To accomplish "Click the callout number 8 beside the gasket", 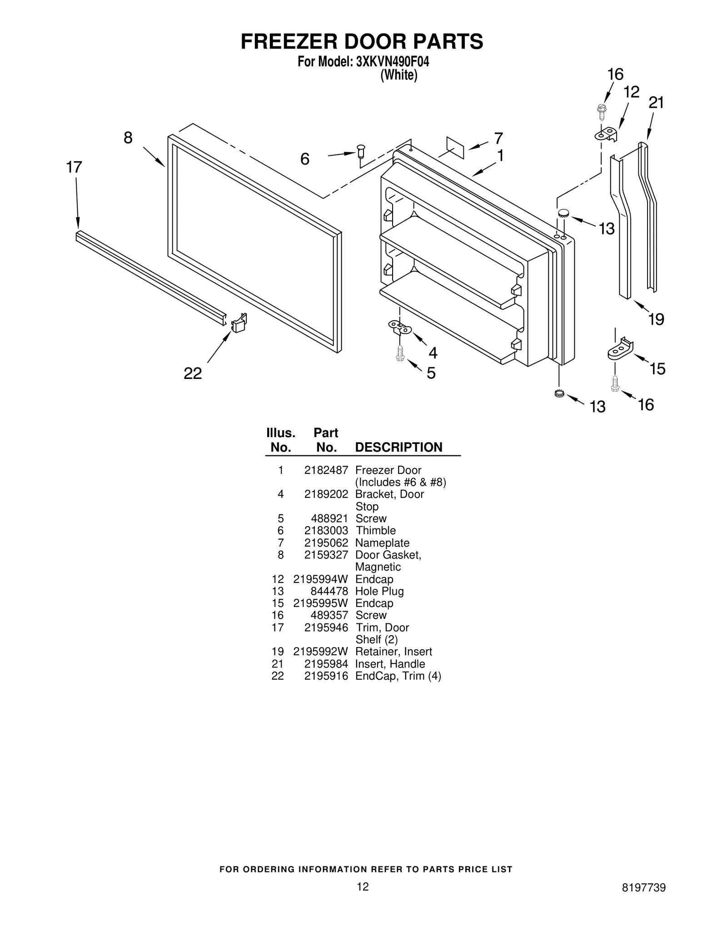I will pos(128,138).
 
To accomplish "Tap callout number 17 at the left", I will pos(74,168).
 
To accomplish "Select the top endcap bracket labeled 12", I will pos(607,134).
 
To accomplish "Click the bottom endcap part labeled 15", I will pos(621,350).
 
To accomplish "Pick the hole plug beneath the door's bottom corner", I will pos(559,393).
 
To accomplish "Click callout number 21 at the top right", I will pos(656,103).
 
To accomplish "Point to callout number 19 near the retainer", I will pos(656,319).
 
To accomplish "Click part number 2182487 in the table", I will pos(326,470).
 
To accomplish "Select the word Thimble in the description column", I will pos(375,531).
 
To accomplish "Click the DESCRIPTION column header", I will pos(398,447).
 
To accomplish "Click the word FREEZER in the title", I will pos(289,41).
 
